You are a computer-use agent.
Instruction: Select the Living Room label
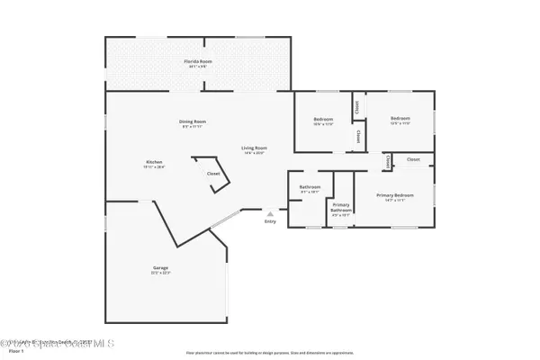253,148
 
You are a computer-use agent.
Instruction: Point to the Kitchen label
154,162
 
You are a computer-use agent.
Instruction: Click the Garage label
160,267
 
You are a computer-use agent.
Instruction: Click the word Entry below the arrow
270,222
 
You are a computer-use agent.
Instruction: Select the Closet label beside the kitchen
213,174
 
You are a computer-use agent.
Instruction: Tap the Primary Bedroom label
393,195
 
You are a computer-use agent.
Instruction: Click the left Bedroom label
323,119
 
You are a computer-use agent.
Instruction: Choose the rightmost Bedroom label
400,119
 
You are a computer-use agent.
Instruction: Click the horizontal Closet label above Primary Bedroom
413,159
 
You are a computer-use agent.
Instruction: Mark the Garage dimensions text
160,273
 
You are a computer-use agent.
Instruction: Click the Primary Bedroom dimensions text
393,201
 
